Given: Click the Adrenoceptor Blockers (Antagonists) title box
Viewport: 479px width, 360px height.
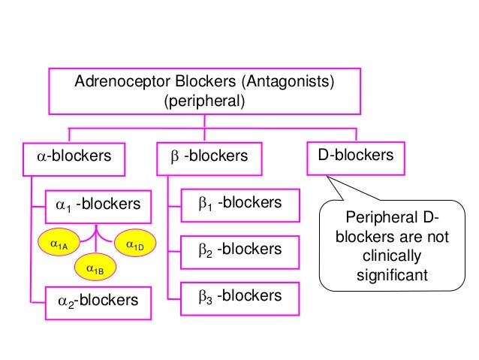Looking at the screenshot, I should click(204, 90).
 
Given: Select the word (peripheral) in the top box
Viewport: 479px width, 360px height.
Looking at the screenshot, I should click(205, 100).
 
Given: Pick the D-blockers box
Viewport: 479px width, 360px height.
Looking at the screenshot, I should click(355, 156).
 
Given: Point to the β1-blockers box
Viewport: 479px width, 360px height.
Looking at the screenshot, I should click(239, 204).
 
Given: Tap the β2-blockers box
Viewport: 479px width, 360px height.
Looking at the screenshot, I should click(239, 250).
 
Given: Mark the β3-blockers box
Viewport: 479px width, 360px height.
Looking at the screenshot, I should click(239, 296).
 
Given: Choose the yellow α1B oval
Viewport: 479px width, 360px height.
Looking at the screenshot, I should click(95, 268).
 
